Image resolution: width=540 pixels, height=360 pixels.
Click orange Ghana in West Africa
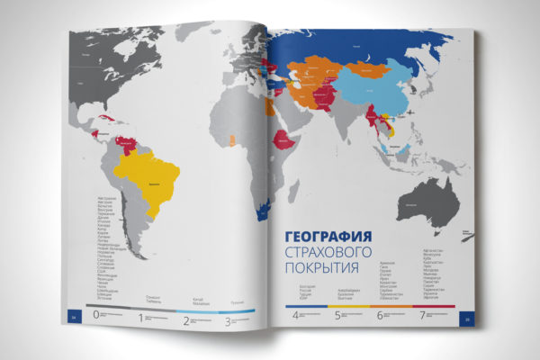point(234,140)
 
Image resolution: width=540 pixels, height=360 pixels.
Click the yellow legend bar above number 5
point(356,306)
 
